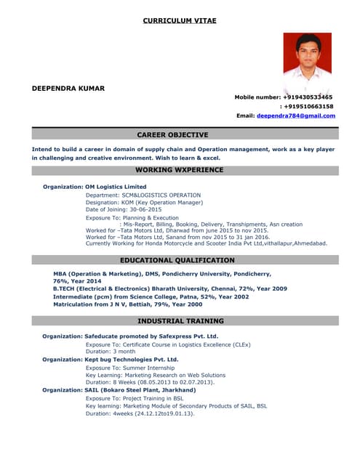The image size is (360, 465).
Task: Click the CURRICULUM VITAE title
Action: click(180, 20)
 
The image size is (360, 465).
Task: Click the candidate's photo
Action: click(307, 56)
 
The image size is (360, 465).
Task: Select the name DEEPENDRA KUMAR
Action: click(68, 89)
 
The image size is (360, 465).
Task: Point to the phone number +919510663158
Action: click(309, 106)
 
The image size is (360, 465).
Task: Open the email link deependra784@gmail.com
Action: click(295, 116)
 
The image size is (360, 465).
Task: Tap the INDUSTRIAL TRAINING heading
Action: click(180, 320)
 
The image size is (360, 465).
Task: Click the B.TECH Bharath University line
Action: click(169, 288)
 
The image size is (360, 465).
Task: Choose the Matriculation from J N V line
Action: click(127, 304)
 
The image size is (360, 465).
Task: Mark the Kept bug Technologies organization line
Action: click(110, 359)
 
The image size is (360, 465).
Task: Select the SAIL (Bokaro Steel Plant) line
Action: click(119, 390)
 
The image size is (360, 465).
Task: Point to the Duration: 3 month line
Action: click(111, 351)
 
